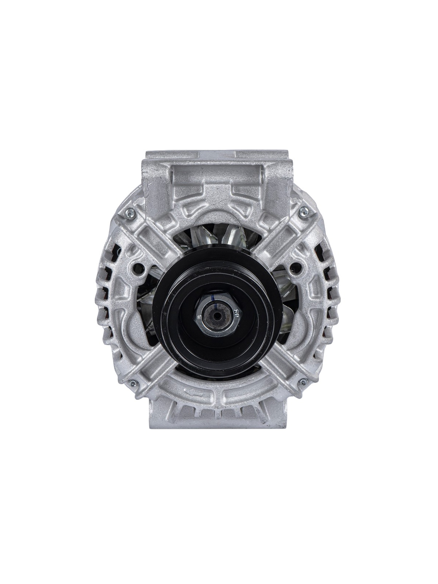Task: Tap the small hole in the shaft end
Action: point(218,315)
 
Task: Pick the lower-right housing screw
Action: point(301,383)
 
